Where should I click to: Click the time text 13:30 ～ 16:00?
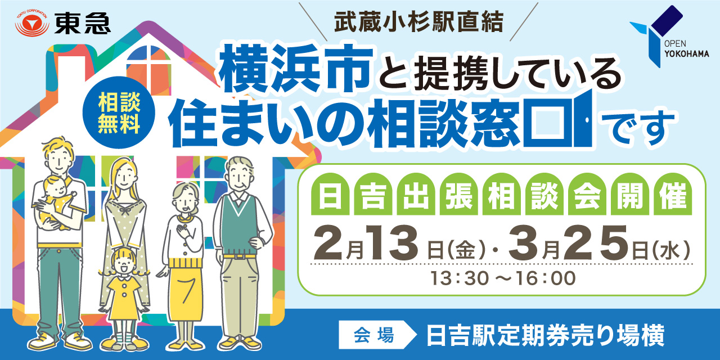tap(503, 278)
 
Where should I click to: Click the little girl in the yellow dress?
tap(124, 287)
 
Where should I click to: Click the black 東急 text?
tap(83, 23)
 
